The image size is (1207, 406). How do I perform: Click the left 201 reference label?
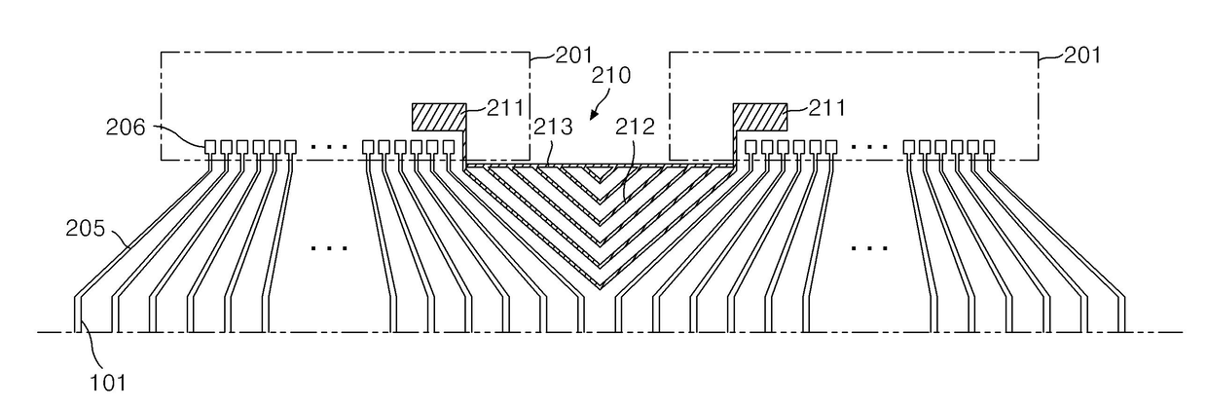pos(573,55)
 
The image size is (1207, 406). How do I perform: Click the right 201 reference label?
pos(1082,55)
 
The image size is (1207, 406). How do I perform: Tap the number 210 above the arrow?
pos(611,76)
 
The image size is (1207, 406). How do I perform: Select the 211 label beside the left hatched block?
pos(505,108)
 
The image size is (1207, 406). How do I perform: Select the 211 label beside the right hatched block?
pos(827,108)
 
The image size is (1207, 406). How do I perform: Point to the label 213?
pos(553,127)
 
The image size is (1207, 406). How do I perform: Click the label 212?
pos(636,127)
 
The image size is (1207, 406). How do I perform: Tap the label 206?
pos(126,128)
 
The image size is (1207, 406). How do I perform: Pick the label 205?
pos(85,229)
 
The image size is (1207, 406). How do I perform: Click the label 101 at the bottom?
pos(108,383)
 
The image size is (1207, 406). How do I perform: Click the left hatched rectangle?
pos(439,117)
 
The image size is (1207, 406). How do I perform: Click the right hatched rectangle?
pos(760,117)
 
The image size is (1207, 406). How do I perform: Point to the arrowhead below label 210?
pos(594,114)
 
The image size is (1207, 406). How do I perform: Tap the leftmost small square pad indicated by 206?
pos(210,147)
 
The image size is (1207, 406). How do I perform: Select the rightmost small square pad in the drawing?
pos(989,147)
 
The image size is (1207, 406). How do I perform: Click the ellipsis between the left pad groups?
pos(329,146)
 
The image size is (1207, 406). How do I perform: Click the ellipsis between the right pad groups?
pos(868,146)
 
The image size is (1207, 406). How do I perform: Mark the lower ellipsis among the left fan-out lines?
pos(329,248)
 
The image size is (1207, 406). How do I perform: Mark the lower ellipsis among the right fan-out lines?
pos(868,248)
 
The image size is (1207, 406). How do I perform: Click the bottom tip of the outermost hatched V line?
pos(601,288)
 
